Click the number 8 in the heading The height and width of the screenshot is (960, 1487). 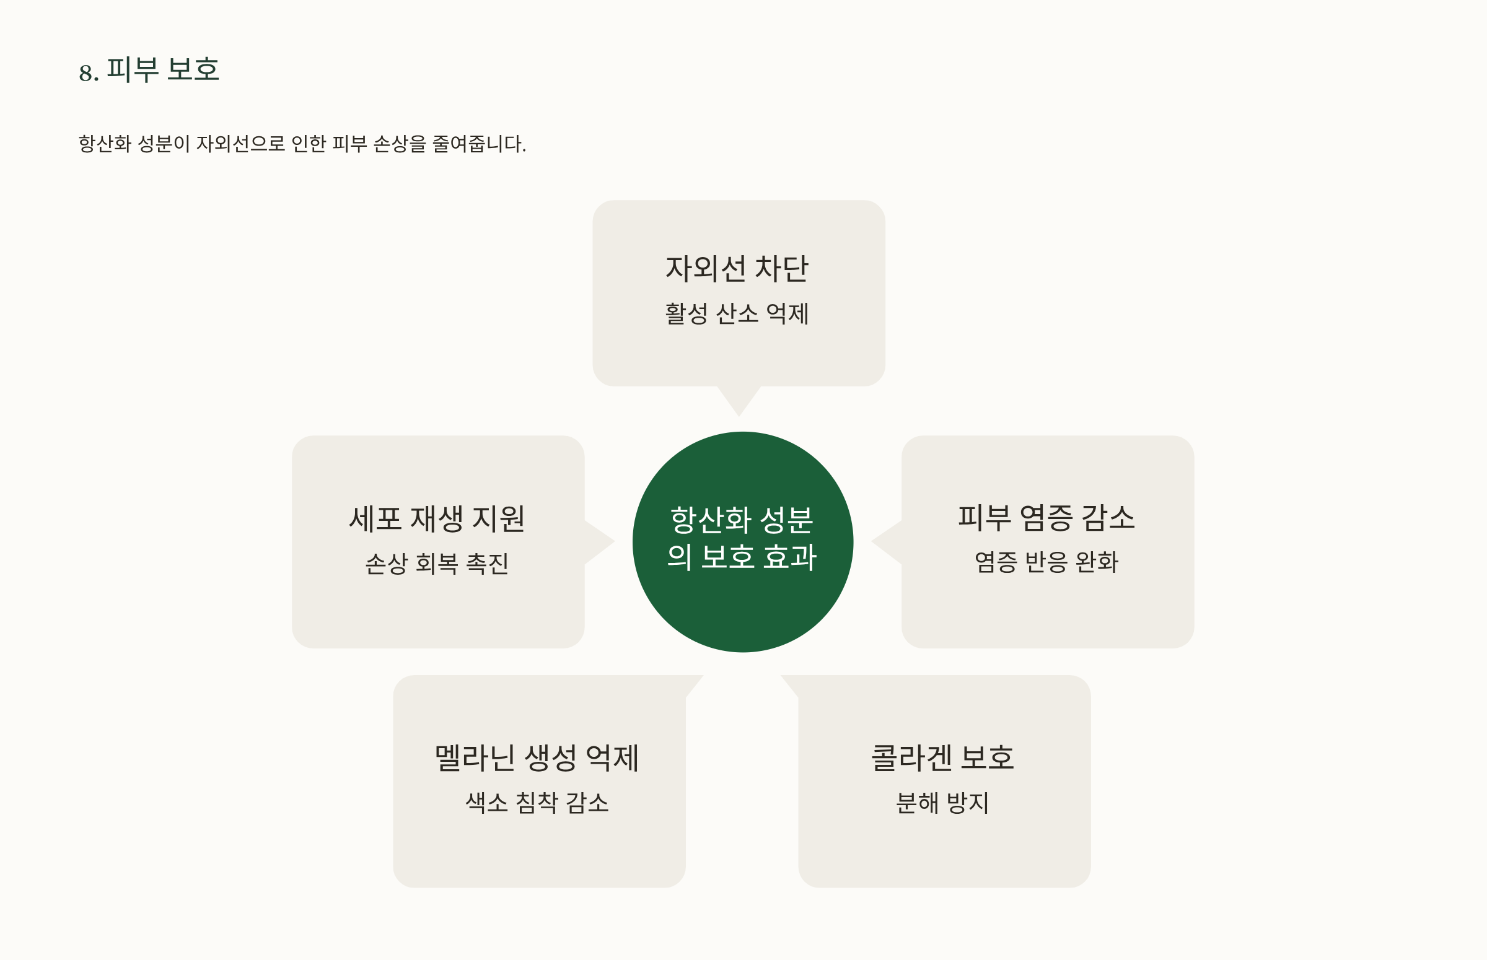tap(85, 73)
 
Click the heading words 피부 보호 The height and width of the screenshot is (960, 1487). tap(163, 69)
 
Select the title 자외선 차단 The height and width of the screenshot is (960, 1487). tap(737, 269)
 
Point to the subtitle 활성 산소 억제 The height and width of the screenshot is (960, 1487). tap(737, 313)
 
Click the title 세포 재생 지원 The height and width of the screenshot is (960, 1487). tap(437, 518)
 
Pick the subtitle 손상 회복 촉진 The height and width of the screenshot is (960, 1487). tap(437, 564)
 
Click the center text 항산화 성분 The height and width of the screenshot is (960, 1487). tap(742, 520)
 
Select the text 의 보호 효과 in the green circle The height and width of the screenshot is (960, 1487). tap(742, 557)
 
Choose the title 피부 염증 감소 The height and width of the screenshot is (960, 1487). tap(1047, 518)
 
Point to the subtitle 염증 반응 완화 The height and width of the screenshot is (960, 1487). tap(1047, 562)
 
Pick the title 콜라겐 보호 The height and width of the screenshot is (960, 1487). tap(943, 758)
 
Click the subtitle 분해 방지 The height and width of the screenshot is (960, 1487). tap(943, 803)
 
